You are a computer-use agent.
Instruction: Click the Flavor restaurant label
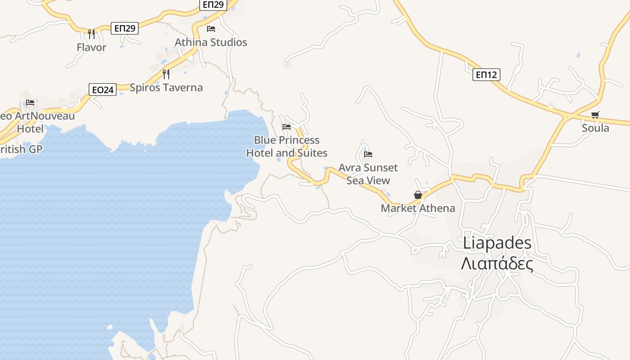(x=91, y=47)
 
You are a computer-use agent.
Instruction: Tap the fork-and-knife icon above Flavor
(x=91, y=34)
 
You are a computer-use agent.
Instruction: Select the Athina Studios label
(x=211, y=42)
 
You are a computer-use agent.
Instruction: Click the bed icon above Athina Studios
(x=211, y=29)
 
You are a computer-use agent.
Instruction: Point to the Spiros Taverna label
(x=166, y=87)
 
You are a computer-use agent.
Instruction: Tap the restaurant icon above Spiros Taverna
(x=166, y=74)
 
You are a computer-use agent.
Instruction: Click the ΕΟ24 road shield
(x=103, y=90)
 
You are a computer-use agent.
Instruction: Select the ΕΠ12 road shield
(x=486, y=75)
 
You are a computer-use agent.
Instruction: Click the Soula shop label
(x=595, y=128)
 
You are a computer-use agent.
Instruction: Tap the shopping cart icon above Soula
(x=595, y=115)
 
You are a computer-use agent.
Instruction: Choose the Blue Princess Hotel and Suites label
(x=287, y=146)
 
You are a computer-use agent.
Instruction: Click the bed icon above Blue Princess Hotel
(x=287, y=126)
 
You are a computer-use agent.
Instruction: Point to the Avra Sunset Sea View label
(x=368, y=174)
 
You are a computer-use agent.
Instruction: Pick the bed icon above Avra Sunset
(x=368, y=154)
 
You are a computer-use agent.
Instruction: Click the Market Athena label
(x=418, y=208)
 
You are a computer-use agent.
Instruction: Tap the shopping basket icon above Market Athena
(x=418, y=195)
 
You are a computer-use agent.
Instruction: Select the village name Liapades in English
(x=497, y=243)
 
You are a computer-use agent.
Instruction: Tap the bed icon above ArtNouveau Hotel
(x=30, y=103)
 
